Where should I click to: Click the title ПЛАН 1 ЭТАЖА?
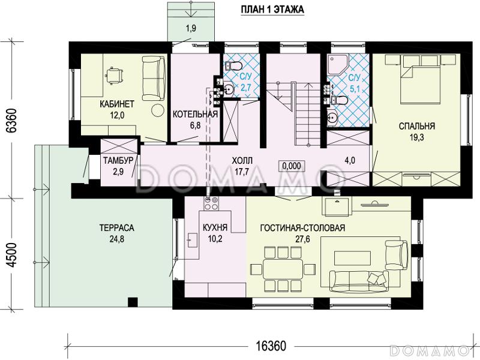[x=272, y=10]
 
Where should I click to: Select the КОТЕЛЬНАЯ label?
[x=196, y=115]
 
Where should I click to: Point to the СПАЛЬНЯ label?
[x=417, y=126]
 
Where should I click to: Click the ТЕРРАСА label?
[x=117, y=228]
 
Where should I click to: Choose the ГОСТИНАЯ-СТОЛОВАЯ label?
[x=302, y=228]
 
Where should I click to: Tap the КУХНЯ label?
[x=215, y=228]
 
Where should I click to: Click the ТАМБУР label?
[x=118, y=160]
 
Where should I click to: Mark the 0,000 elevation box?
[x=292, y=166]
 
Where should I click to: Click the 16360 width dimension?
[x=271, y=346]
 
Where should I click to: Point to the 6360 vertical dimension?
[x=11, y=121]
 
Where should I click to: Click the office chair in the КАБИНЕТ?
[x=115, y=76]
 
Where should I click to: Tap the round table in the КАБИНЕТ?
[x=158, y=110]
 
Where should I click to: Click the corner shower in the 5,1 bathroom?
[x=338, y=64]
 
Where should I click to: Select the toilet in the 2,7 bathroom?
[x=234, y=65]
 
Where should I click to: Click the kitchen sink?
[x=192, y=240]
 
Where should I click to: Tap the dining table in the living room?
[x=283, y=269]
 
